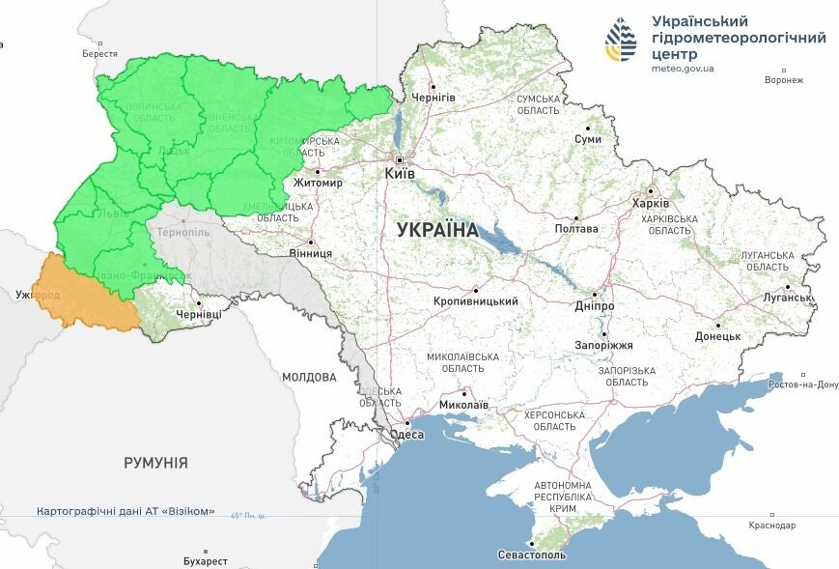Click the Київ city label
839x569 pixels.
pos(400,174)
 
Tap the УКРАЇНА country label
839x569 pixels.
pos(437,230)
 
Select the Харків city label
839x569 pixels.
pos(650,204)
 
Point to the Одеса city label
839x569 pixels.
pos(409,436)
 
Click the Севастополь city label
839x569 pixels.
pos(532,555)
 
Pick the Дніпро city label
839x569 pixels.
pos(595,306)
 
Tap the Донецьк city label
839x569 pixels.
pos(717,336)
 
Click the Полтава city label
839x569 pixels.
pos(576,229)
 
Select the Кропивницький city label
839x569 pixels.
pos(476,300)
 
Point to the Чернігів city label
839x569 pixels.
pos(433,98)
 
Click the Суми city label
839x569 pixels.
pos(588,139)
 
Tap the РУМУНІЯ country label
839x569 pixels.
pos(155,463)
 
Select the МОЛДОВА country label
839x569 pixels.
pos(309,377)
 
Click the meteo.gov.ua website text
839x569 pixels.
pos(683,70)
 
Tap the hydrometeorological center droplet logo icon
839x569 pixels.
pos(621,41)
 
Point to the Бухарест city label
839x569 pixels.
pos(205,560)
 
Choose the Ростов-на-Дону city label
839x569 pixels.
pos(803,384)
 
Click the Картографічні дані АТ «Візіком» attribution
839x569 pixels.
pos(126,511)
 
